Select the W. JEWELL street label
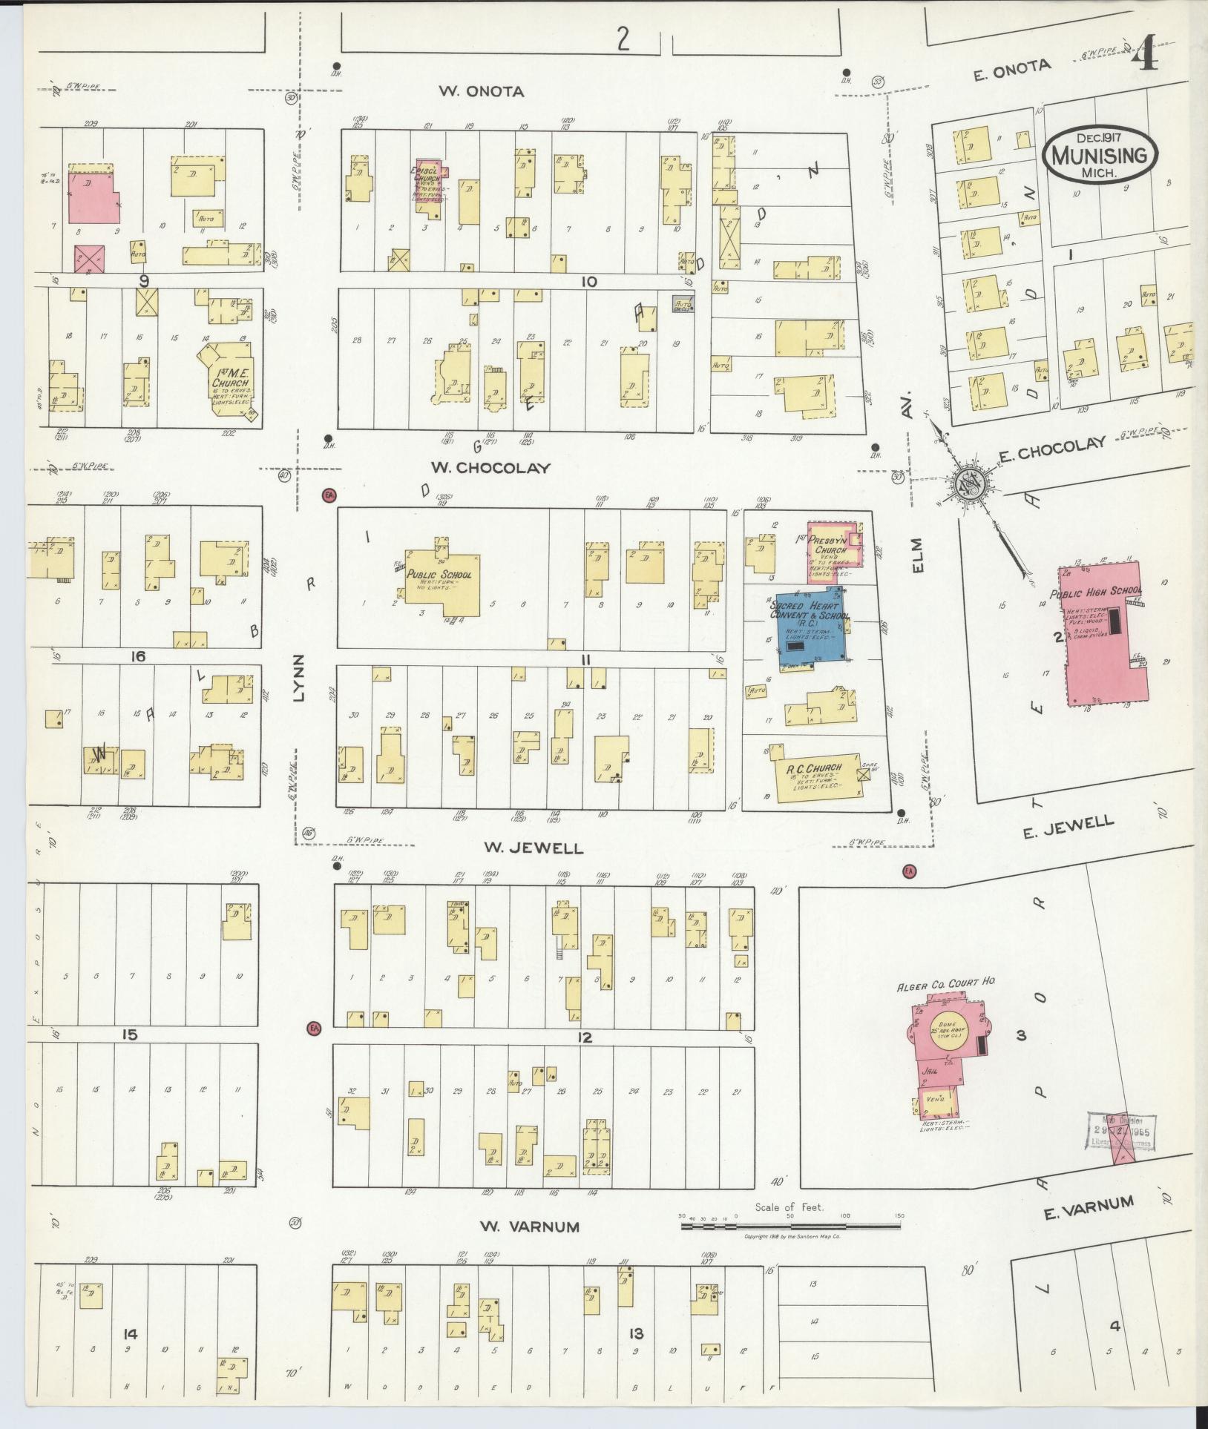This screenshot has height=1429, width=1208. pyautogui.click(x=533, y=848)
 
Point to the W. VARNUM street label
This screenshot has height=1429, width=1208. pyautogui.click(x=529, y=1227)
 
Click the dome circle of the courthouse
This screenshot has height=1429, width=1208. pyautogui.click(x=947, y=1031)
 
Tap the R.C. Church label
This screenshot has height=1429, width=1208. pyautogui.click(x=814, y=768)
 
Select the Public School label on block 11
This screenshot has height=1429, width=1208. pyautogui.click(x=438, y=574)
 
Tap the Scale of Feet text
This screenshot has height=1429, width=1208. pyautogui.click(x=789, y=1207)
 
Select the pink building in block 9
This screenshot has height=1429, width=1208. pyautogui.click(x=93, y=197)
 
